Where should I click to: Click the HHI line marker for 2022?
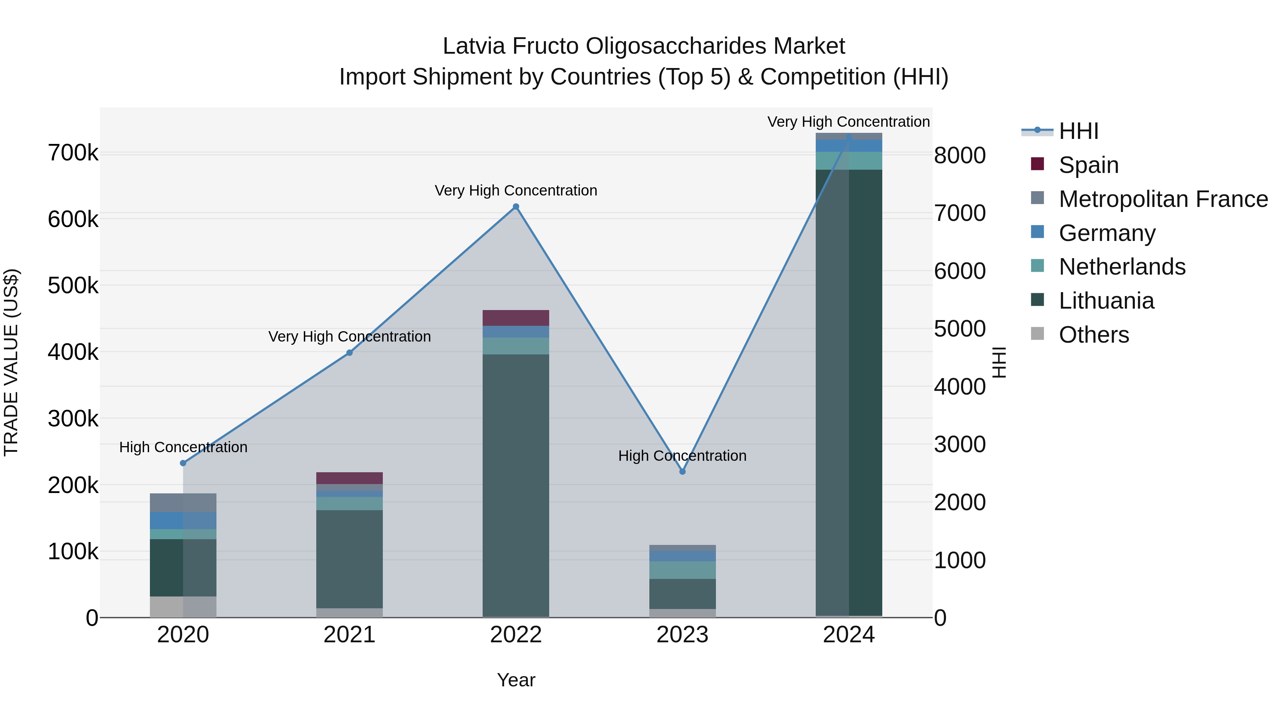[516, 207]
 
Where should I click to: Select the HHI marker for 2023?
[683, 471]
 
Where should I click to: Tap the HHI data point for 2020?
[183, 463]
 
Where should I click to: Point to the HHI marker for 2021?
[350, 353]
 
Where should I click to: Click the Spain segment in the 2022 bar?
[516, 318]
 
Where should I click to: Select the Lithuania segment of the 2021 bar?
[350, 559]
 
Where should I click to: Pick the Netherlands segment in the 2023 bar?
[683, 570]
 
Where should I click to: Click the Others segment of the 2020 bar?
[183, 606]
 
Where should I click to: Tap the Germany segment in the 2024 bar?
[849, 146]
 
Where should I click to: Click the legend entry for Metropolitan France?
[1163, 199]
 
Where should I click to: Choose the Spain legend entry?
[1088, 165]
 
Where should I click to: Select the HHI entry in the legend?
[1078, 131]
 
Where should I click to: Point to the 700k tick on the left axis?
[73, 153]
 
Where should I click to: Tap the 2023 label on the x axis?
[683, 635]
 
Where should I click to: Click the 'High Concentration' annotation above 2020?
[183, 447]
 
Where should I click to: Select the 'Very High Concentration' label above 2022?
[516, 190]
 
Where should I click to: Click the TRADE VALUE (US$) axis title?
[11, 362]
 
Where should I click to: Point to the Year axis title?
[516, 680]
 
